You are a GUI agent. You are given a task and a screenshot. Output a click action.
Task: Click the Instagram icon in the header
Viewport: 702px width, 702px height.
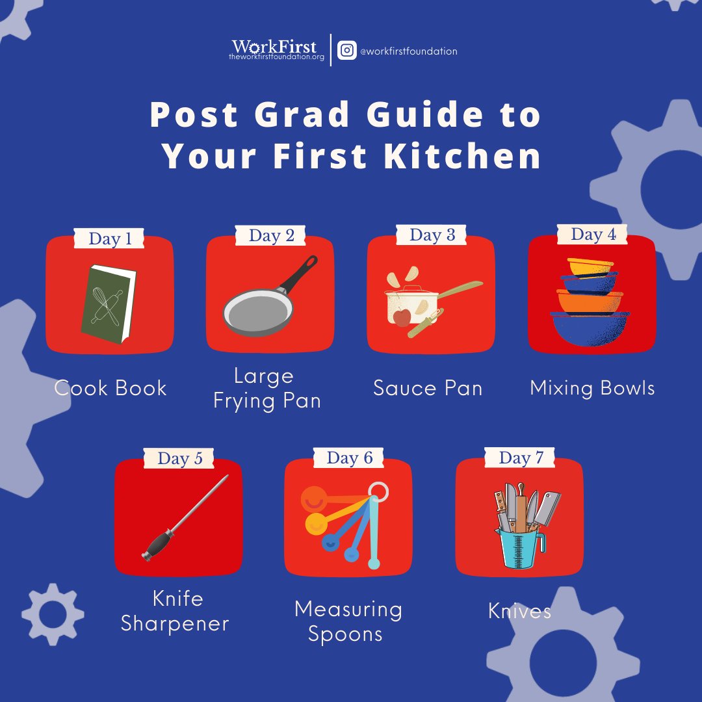coord(347,50)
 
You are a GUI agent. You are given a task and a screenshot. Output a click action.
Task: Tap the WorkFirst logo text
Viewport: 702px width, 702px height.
coord(274,47)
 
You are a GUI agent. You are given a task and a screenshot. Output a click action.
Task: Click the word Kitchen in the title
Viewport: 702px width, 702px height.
coord(462,156)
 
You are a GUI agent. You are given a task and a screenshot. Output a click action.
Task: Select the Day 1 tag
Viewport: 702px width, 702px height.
coord(109,238)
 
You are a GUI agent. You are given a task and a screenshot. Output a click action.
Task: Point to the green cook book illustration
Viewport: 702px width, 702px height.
coord(109,304)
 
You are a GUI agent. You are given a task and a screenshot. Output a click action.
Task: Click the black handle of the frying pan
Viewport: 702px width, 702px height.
coord(299,274)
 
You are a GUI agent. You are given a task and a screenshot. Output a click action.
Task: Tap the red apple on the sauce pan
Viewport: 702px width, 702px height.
coord(402,317)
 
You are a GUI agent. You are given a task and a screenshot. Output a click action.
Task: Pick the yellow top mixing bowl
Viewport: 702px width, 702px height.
coord(590,266)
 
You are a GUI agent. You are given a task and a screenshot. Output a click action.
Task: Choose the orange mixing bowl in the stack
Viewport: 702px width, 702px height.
coord(590,302)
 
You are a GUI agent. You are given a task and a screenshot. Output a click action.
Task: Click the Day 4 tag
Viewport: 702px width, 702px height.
coord(592,234)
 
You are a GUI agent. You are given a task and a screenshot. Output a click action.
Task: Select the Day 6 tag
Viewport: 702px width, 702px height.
coord(349,458)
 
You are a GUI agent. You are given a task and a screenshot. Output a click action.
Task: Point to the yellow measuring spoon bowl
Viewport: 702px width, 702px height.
coord(316,523)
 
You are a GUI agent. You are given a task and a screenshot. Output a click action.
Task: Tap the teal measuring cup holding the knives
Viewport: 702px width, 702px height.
coord(519,549)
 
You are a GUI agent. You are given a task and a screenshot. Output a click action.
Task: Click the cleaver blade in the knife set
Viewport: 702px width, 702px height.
coord(548,507)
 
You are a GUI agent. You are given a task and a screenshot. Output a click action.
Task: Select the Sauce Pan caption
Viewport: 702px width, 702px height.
coord(428,387)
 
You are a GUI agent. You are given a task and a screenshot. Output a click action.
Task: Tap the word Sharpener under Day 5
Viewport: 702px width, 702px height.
coord(175,624)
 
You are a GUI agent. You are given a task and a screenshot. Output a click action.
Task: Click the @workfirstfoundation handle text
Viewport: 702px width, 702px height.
coord(409,51)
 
